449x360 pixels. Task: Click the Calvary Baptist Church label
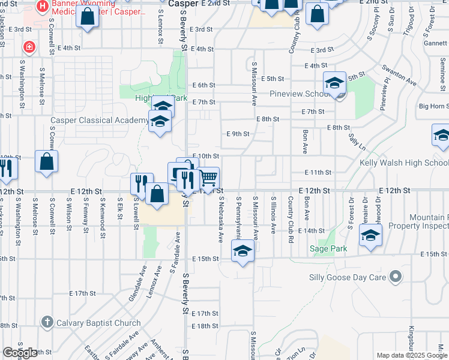[98, 323]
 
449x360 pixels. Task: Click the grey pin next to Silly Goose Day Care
[395, 277]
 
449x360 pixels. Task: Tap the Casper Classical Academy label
[99, 120]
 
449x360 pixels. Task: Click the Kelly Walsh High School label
[403, 163]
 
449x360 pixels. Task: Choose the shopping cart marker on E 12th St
[208, 178]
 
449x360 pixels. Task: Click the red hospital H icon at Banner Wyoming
[42, 7]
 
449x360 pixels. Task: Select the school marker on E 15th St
[243, 251]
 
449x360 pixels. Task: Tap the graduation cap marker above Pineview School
[335, 82]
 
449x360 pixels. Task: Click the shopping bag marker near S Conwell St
[47, 162]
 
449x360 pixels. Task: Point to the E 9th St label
[237, 134]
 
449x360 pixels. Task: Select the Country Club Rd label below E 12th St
[290, 215]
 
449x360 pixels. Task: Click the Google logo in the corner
[20, 353]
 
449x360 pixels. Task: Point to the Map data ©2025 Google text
[411, 355]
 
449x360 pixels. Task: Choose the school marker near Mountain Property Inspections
[370, 235]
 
